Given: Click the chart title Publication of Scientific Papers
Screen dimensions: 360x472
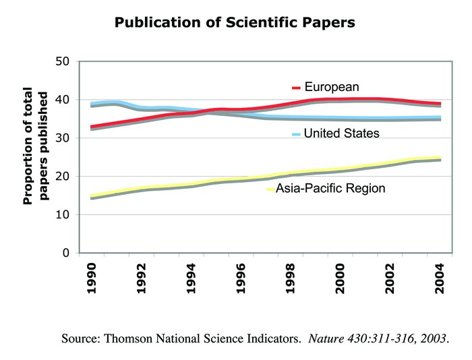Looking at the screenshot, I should tap(235, 22).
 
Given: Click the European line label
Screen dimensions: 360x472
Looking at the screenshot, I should tap(331, 87).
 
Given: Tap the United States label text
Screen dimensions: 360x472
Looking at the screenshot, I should tap(341, 133).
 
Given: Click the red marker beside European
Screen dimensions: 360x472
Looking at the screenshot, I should tap(296, 88).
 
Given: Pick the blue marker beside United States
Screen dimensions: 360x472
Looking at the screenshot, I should tap(296, 135).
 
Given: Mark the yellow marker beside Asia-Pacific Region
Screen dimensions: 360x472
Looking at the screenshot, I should tap(271, 189).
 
